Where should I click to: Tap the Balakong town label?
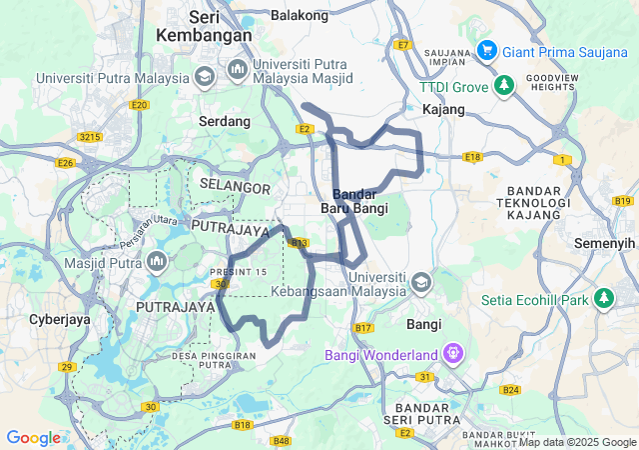[300, 15]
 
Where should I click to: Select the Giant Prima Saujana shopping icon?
[486, 49]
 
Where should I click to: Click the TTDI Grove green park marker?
[505, 86]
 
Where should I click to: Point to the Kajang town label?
[443, 108]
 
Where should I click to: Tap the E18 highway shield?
[472, 157]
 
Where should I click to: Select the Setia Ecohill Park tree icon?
[604, 298]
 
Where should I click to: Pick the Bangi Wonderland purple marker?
[453, 354]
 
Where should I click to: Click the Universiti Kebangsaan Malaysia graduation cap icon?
[420, 282]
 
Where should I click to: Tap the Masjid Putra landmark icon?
[156, 262]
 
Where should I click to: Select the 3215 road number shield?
[91, 136]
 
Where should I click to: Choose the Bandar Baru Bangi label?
[354, 201]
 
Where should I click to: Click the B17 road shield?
[363, 328]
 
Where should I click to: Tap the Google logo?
[33, 438]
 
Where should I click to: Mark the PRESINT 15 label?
[238, 272]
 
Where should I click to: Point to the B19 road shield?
[624, 201]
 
